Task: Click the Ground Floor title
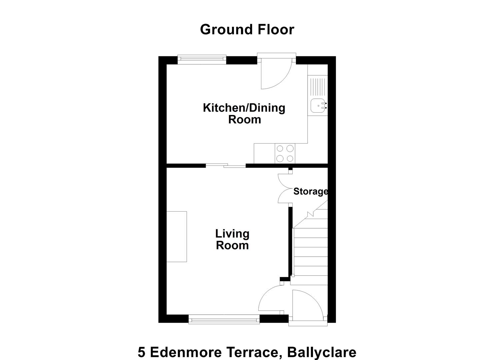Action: (x=247, y=29)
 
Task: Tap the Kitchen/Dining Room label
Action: (x=244, y=114)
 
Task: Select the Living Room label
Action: (x=232, y=240)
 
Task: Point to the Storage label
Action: (x=310, y=191)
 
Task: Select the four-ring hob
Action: (x=285, y=153)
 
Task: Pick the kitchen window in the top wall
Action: (x=202, y=59)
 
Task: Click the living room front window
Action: (x=224, y=319)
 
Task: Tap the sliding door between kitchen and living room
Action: (x=226, y=166)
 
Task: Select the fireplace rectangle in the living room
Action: (x=177, y=237)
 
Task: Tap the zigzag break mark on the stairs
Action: (x=310, y=214)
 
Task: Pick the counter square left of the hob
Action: (x=264, y=153)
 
